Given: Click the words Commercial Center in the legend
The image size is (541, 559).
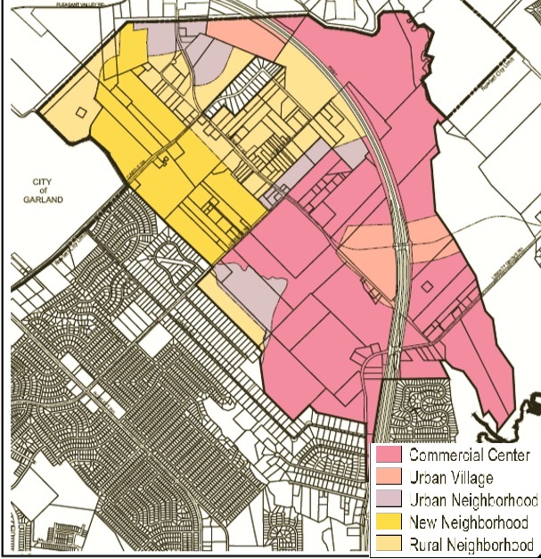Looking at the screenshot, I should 469,456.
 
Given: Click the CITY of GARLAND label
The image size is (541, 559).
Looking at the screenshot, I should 45,191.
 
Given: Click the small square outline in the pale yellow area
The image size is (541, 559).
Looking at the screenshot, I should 82,113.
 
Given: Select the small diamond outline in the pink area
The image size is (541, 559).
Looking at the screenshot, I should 426,287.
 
